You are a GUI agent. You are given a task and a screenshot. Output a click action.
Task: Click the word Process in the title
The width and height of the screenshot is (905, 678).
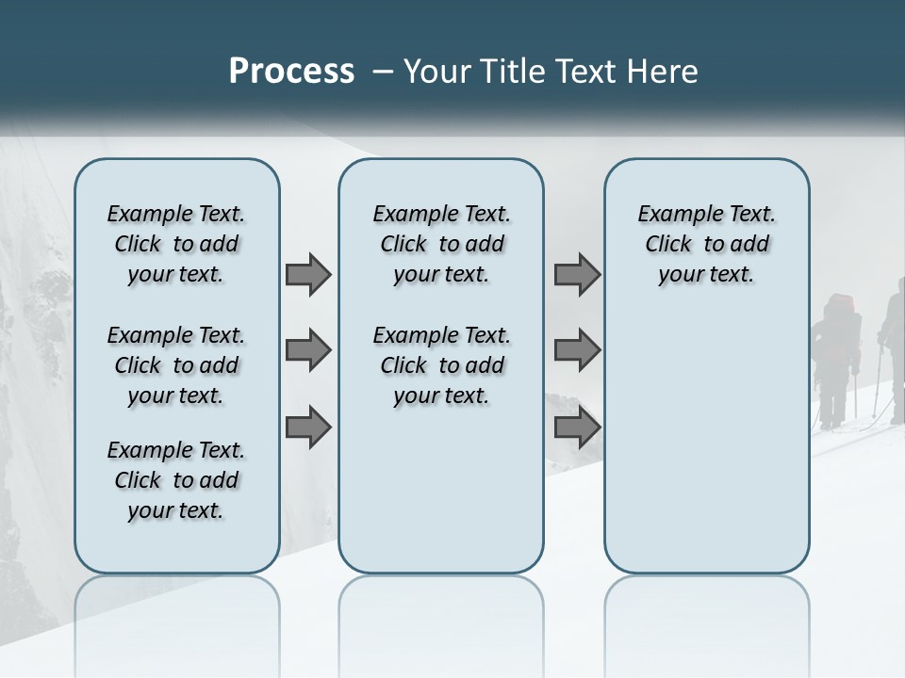click(291, 72)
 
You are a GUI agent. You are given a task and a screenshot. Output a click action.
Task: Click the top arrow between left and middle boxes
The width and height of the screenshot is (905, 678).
click(308, 274)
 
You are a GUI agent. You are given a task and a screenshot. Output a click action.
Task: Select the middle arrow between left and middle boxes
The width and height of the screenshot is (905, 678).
click(308, 350)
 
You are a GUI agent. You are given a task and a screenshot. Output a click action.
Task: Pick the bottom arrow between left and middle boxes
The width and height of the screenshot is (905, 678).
click(308, 427)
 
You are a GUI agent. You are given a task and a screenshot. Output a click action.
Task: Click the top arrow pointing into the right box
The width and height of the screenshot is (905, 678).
click(577, 274)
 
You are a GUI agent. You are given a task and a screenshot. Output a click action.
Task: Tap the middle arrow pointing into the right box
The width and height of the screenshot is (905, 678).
click(577, 350)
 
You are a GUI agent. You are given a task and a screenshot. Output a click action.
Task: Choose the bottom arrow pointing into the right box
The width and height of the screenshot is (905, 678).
click(577, 427)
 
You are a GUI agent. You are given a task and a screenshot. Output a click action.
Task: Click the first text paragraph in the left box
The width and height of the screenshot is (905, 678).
click(176, 244)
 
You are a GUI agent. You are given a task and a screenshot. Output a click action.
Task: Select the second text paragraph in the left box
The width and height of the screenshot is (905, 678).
click(176, 365)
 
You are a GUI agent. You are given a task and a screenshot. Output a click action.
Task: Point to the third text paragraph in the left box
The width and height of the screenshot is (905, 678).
click(176, 480)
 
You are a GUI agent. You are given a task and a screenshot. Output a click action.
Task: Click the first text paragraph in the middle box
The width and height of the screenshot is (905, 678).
click(441, 244)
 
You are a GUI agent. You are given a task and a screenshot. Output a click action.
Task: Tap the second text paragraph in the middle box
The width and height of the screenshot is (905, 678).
click(441, 365)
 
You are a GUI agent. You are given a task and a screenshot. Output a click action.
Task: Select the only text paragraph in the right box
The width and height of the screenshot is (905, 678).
click(706, 244)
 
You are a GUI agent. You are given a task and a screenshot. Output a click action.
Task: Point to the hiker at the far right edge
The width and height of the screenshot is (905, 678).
click(894, 348)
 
